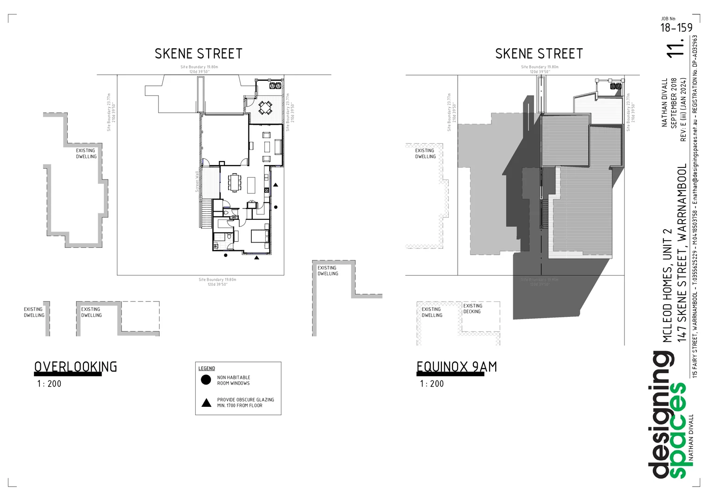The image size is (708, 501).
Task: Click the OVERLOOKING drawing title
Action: click(x=76, y=367)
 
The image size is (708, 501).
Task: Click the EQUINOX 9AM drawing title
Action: click(x=456, y=367)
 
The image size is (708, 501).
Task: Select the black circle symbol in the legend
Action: click(x=206, y=380)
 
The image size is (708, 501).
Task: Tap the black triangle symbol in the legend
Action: click(x=206, y=402)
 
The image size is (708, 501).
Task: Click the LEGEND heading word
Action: click(x=207, y=368)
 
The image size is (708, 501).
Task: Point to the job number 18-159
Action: click(x=676, y=28)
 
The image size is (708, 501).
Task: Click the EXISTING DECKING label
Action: click(x=472, y=308)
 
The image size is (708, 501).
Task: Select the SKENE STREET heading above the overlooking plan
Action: click(x=198, y=54)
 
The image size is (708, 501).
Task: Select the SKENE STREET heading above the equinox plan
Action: click(x=539, y=54)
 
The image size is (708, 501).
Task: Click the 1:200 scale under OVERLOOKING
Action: click(x=49, y=384)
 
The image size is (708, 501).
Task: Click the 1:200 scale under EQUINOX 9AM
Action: click(x=432, y=384)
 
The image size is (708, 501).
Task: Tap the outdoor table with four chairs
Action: click(x=265, y=108)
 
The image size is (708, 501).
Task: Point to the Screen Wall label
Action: click(x=197, y=181)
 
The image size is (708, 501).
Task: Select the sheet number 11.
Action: click(x=676, y=47)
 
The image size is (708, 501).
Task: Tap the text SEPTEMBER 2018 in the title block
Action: click(x=674, y=103)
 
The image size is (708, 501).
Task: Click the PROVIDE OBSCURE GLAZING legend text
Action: click(x=245, y=402)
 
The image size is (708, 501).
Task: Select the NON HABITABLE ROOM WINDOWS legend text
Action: click(x=233, y=380)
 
